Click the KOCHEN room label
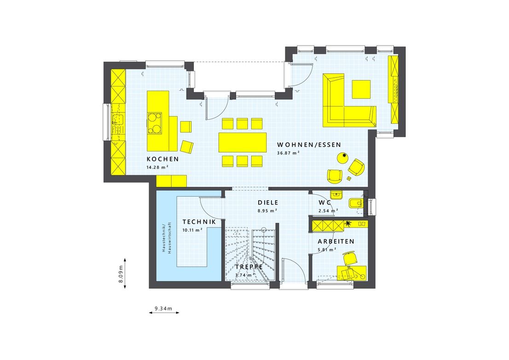[x=162, y=159]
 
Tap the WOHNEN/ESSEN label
[x=309, y=145]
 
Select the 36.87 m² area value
[x=288, y=153]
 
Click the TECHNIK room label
[x=199, y=222]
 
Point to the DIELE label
[x=268, y=203]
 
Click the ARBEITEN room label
[x=335, y=241]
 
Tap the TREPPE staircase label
[x=249, y=267]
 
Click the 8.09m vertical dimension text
[x=121, y=276]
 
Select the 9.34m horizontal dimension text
[x=163, y=308]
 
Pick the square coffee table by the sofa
[x=361, y=89]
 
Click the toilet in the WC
[x=356, y=203]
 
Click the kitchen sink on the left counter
[x=115, y=121]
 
